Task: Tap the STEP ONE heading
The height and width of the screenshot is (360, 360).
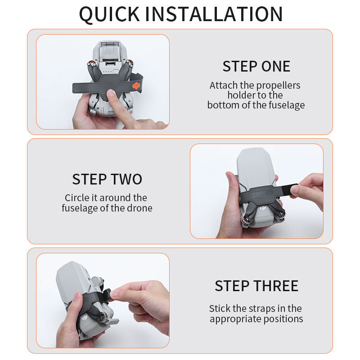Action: [x=256, y=66]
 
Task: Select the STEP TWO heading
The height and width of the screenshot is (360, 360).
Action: [x=107, y=179]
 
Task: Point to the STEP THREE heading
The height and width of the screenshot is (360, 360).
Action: [x=256, y=286]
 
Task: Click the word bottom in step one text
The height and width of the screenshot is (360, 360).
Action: [x=222, y=105]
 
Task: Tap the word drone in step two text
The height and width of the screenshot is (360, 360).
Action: [x=140, y=208]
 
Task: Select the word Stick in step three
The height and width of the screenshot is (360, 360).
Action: [x=220, y=309]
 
